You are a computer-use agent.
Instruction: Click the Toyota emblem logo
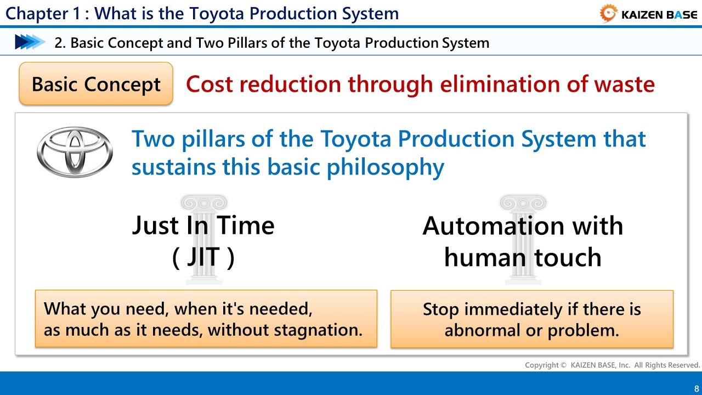[75, 152]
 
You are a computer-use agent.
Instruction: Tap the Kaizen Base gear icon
[608, 14]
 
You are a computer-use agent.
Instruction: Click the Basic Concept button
[96, 84]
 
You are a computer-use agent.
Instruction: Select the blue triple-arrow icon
[30, 42]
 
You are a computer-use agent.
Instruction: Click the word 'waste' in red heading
[624, 84]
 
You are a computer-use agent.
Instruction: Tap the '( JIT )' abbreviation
[203, 257]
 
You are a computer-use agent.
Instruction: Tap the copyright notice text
[612, 365]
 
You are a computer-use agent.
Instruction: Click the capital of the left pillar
[204, 202]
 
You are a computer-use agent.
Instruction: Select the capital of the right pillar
[523, 202]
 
